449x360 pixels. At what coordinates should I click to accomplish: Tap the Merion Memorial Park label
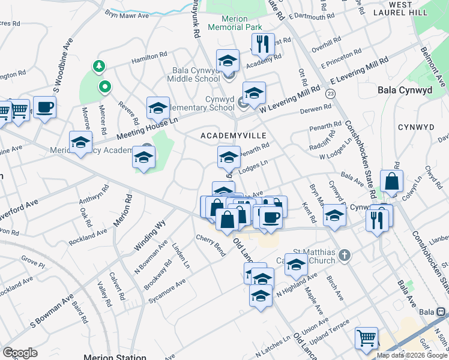point(234,23)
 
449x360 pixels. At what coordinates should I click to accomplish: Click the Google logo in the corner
point(20,353)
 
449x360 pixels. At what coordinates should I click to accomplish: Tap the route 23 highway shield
point(330,94)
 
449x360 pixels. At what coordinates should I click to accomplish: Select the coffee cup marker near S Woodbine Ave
point(44,107)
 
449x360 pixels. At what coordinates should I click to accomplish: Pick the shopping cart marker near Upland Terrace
point(366,338)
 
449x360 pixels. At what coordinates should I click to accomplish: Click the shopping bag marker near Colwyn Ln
point(391,181)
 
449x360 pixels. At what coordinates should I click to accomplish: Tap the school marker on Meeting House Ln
point(158,108)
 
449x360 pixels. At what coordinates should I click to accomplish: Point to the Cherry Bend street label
point(210,244)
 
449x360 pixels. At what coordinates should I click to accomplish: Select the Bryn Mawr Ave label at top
point(127,14)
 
